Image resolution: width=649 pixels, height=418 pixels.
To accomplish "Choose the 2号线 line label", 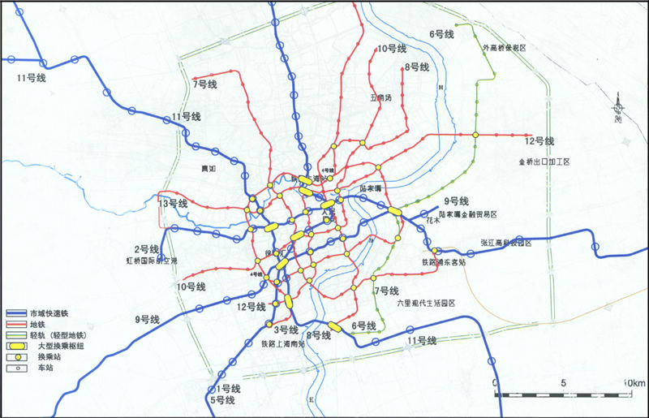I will (146, 248).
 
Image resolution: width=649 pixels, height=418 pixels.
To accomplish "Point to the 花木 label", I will (432, 219).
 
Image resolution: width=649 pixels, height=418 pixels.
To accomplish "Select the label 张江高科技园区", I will (505, 243).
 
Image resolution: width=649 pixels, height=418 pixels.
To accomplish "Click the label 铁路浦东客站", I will (443, 262).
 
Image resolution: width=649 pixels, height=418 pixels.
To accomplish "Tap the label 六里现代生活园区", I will (427, 303).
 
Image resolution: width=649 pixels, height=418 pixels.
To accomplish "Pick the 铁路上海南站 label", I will (282, 343).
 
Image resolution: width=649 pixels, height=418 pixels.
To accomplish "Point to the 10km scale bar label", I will (633, 382).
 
